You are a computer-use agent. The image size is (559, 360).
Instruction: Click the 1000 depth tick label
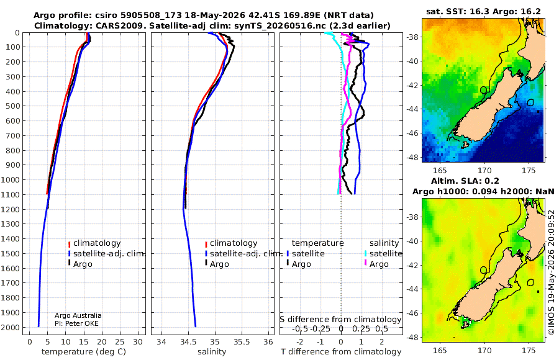[11, 179]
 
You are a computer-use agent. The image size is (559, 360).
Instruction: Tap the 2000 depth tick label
[11, 327]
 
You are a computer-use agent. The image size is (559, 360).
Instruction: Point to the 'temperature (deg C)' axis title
[84, 352]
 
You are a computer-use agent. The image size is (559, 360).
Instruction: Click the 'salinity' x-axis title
[212, 352]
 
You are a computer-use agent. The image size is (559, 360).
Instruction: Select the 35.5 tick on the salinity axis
[242, 342]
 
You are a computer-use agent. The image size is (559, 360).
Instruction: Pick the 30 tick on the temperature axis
[138, 342]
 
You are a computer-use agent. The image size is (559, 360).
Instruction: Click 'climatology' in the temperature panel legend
[97, 243]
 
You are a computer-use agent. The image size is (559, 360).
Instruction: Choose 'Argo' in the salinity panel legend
[219, 264]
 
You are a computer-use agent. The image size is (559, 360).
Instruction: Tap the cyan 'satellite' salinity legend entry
[386, 253]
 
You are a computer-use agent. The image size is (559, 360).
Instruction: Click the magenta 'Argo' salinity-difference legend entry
[379, 264]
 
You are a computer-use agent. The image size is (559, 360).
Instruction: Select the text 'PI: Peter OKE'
[76, 323]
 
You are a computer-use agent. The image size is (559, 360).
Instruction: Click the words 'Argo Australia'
[78, 315]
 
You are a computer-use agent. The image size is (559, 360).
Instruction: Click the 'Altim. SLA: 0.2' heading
[465, 181]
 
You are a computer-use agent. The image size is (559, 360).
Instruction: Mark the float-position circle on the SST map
[484, 90]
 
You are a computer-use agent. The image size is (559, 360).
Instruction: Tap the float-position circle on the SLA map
[484, 270]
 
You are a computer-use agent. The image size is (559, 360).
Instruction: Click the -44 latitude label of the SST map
[412, 109]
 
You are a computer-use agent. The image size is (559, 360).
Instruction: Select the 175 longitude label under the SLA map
[529, 350]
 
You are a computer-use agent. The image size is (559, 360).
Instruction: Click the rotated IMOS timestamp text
[551, 272]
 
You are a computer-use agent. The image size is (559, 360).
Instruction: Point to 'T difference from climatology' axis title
[341, 352]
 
